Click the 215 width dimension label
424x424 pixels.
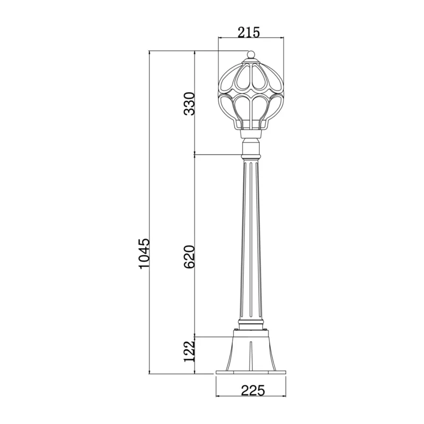tap(249, 32)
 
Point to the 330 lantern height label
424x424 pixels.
tap(189, 104)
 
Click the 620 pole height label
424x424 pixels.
tap(189, 257)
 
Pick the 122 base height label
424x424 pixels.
tap(189, 351)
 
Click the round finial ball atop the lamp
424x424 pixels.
tap(251, 55)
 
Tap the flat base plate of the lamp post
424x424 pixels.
tap(251, 373)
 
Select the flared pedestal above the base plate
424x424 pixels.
tap(251, 350)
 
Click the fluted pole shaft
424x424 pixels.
tap(251, 241)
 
